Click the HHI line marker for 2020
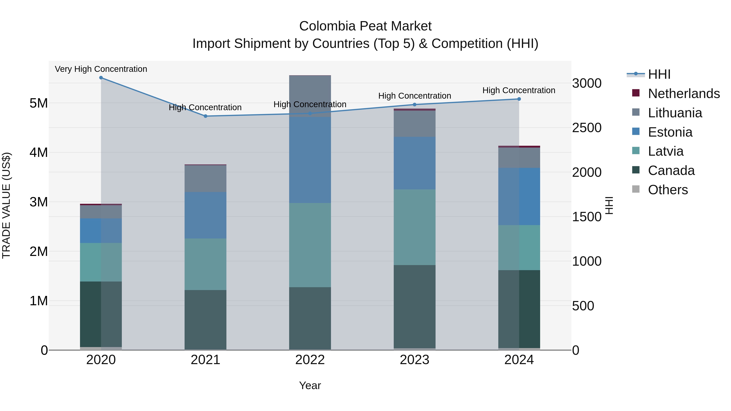pyautogui.click(x=101, y=78)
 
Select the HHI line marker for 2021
pyautogui.click(x=205, y=116)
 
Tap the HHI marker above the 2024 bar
pyautogui.click(x=519, y=99)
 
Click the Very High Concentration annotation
pyautogui.click(x=101, y=69)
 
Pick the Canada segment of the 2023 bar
pyautogui.click(x=415, y=306)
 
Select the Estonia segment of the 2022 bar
pyautogui.click(x=310, y=160)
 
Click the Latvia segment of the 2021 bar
pyautogui.click(x=205, y=264)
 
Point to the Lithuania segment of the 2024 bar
pyautogui.click(x=519, y=158)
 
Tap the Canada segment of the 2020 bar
pyautogui.click(x=101, y=314)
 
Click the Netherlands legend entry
pyautogui.click(x=684, y=94)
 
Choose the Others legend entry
pyautogui.click(x=668, y=190)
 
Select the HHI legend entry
pyautogui.click(x=659, y=74)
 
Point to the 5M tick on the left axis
pyautogui.click(x=39, y=103)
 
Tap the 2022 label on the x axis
pyautogui.click(x=310, y=360)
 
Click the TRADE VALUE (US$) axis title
pyautogui.click(x=6, y=205)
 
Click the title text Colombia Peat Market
pyautogui.click(x=365, y=26)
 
